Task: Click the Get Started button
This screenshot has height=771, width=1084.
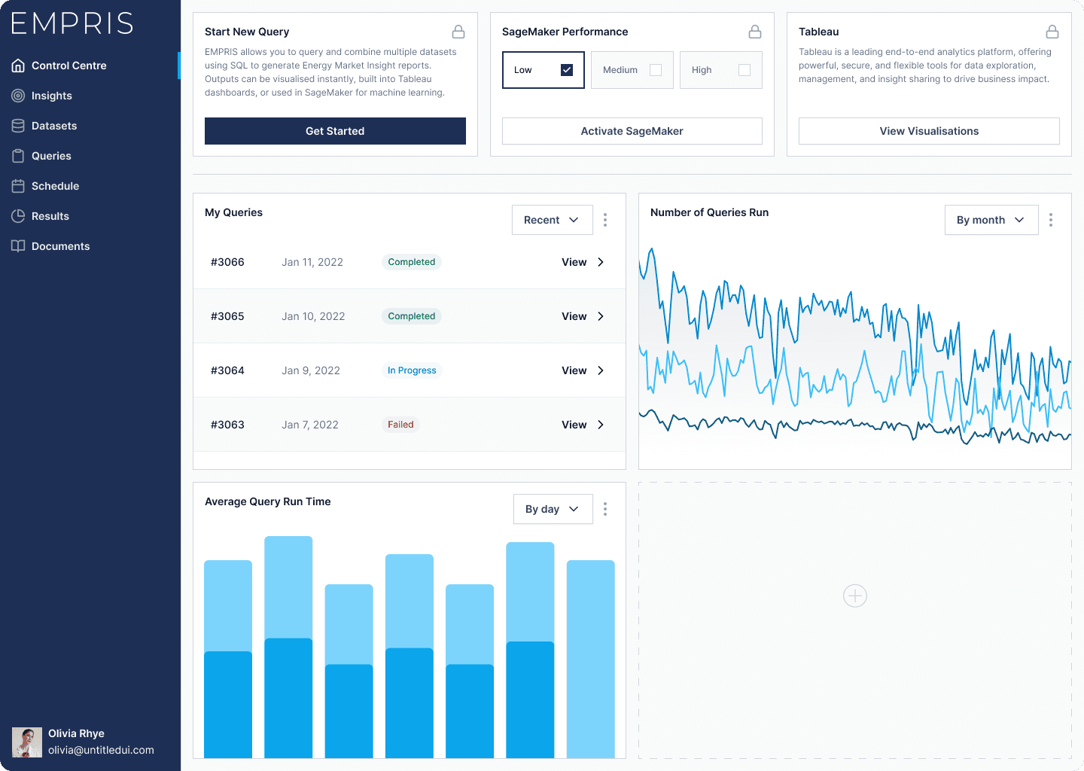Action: coord(335,131)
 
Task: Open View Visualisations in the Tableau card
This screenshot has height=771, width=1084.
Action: coord(929,131)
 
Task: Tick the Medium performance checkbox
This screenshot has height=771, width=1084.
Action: coord(656,70)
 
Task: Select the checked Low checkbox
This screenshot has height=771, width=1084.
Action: coord(567,70)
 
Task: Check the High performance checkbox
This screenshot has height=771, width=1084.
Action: coord(744,70)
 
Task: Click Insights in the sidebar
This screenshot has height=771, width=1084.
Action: coord(51,96)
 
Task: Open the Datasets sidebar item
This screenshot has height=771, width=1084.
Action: coord(53,126)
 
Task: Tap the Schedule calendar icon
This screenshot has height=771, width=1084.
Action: coord(18,186)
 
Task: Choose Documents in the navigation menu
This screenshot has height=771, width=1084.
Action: coord(60,246)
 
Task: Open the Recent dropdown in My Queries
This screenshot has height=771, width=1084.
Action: coord(553,220)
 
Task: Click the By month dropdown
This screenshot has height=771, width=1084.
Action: coord(991,220)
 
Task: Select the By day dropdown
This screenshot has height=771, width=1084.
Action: coord(553,509)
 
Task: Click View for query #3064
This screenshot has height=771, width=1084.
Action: coord(583,370)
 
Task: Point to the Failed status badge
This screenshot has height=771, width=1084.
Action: coord(400,425)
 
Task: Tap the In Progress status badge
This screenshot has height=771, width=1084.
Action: coord(412,370)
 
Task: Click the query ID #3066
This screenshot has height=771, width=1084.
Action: coord(227,262)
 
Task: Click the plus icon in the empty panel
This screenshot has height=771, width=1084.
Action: coord(854,596)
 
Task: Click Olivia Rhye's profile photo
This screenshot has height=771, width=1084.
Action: coord(26,742)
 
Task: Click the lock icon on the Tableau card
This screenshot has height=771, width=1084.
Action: coord(1052,32)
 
